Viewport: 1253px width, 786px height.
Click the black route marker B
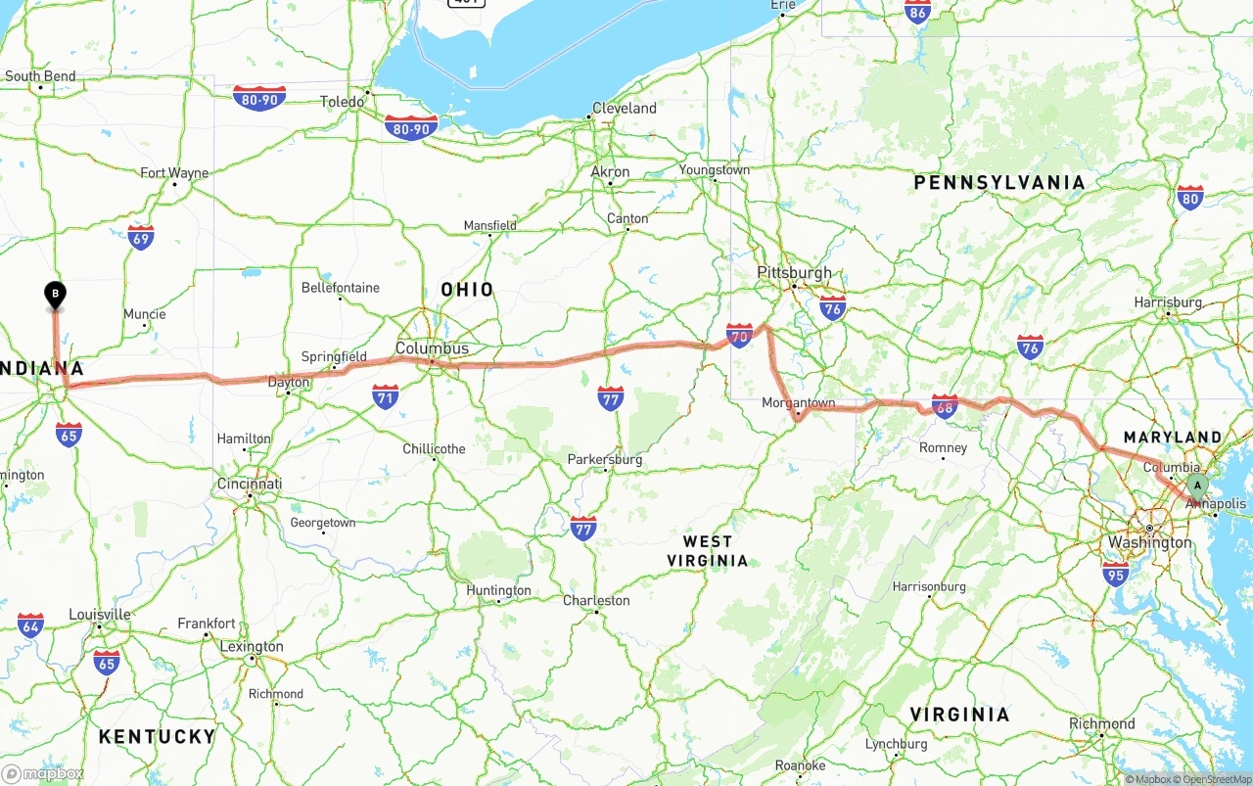(56, 294)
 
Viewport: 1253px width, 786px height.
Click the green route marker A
(1195, 485)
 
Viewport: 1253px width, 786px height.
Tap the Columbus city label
(432, 347)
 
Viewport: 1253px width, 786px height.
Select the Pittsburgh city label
(794, 273)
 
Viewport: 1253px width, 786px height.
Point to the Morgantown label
(799, 402)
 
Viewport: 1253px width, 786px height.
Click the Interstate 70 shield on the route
(739, 337)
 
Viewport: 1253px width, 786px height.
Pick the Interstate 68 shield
(944, 406)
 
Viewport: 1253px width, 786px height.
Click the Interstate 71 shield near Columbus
(385, 396)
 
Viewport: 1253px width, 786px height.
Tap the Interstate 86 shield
(917, 11)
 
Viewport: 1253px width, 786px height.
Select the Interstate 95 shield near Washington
(1114, 574)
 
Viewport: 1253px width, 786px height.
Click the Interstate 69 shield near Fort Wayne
(140, 237)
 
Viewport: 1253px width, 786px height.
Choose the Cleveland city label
(624, 108)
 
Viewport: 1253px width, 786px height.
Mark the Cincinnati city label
(250, 484)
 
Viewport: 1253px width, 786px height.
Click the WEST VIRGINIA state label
(708, 551)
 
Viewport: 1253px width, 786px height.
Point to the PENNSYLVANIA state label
(998, 183)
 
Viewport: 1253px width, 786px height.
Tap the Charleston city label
(596, 600)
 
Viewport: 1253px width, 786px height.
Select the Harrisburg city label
(1168, 301)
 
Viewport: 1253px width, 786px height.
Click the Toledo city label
(342, 101)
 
